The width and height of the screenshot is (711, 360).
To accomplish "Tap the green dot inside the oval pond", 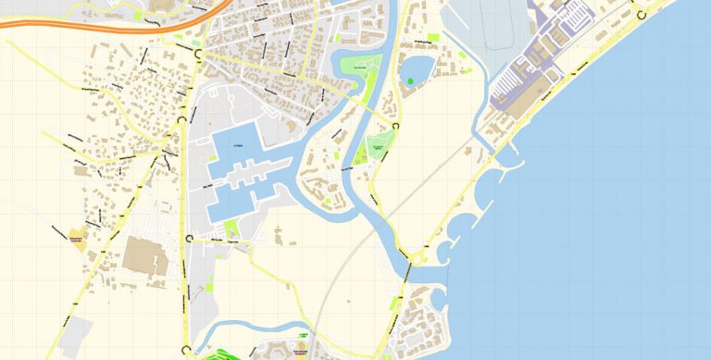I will [410, 81].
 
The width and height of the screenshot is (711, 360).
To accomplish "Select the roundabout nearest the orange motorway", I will [197, 55].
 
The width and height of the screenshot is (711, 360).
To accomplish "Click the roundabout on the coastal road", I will [638, 12].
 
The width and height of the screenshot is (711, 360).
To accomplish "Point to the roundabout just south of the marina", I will [191, 238].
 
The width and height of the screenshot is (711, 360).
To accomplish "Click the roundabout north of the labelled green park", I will [396, 125].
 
